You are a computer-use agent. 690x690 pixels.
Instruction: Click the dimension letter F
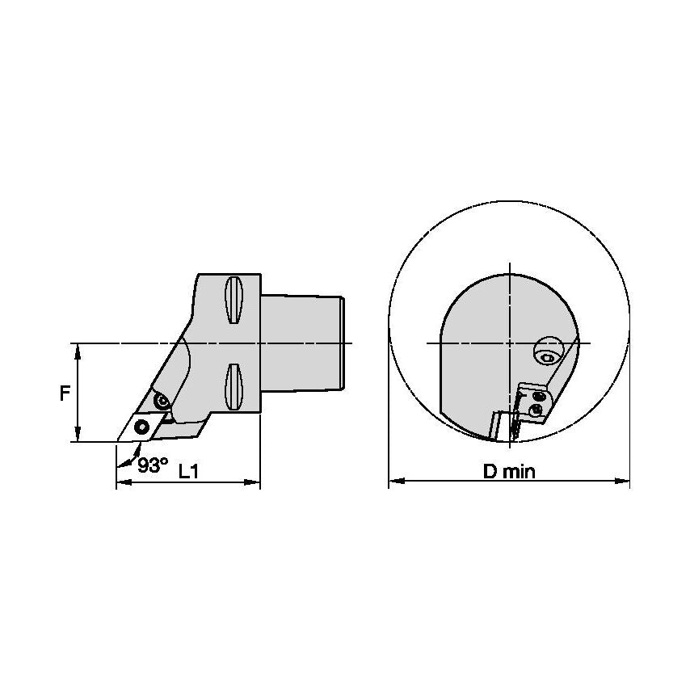(63, 393)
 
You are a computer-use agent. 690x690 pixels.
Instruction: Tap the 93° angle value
(152, 465)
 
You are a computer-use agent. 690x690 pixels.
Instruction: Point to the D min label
(509, 472)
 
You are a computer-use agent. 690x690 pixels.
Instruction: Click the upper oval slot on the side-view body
(234, 302)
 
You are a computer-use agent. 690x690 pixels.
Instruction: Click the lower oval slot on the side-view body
(234, 386)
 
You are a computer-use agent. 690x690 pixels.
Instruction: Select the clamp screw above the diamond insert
(161, 400)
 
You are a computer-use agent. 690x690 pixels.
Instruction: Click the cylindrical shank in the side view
(305, 343)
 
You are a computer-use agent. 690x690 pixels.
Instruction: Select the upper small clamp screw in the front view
(539, 396)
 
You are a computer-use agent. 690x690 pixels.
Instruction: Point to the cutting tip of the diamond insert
(117, 441)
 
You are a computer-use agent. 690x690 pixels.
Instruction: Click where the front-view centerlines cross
(510, 343)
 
